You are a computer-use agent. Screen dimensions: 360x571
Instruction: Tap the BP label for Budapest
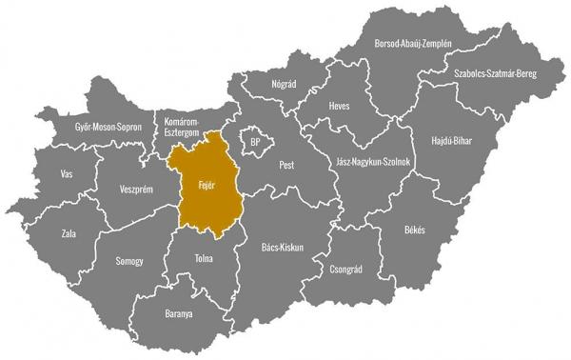254,142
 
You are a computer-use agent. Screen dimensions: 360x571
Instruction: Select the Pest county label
286,165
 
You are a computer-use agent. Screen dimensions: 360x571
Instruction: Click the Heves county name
341,106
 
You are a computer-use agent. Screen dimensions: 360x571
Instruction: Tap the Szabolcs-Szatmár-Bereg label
496,72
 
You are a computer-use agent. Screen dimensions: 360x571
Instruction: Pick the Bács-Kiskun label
282,247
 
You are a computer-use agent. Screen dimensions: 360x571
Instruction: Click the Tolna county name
202,258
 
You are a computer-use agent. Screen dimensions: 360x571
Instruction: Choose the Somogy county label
128,261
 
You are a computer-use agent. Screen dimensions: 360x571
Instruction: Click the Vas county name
66,174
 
